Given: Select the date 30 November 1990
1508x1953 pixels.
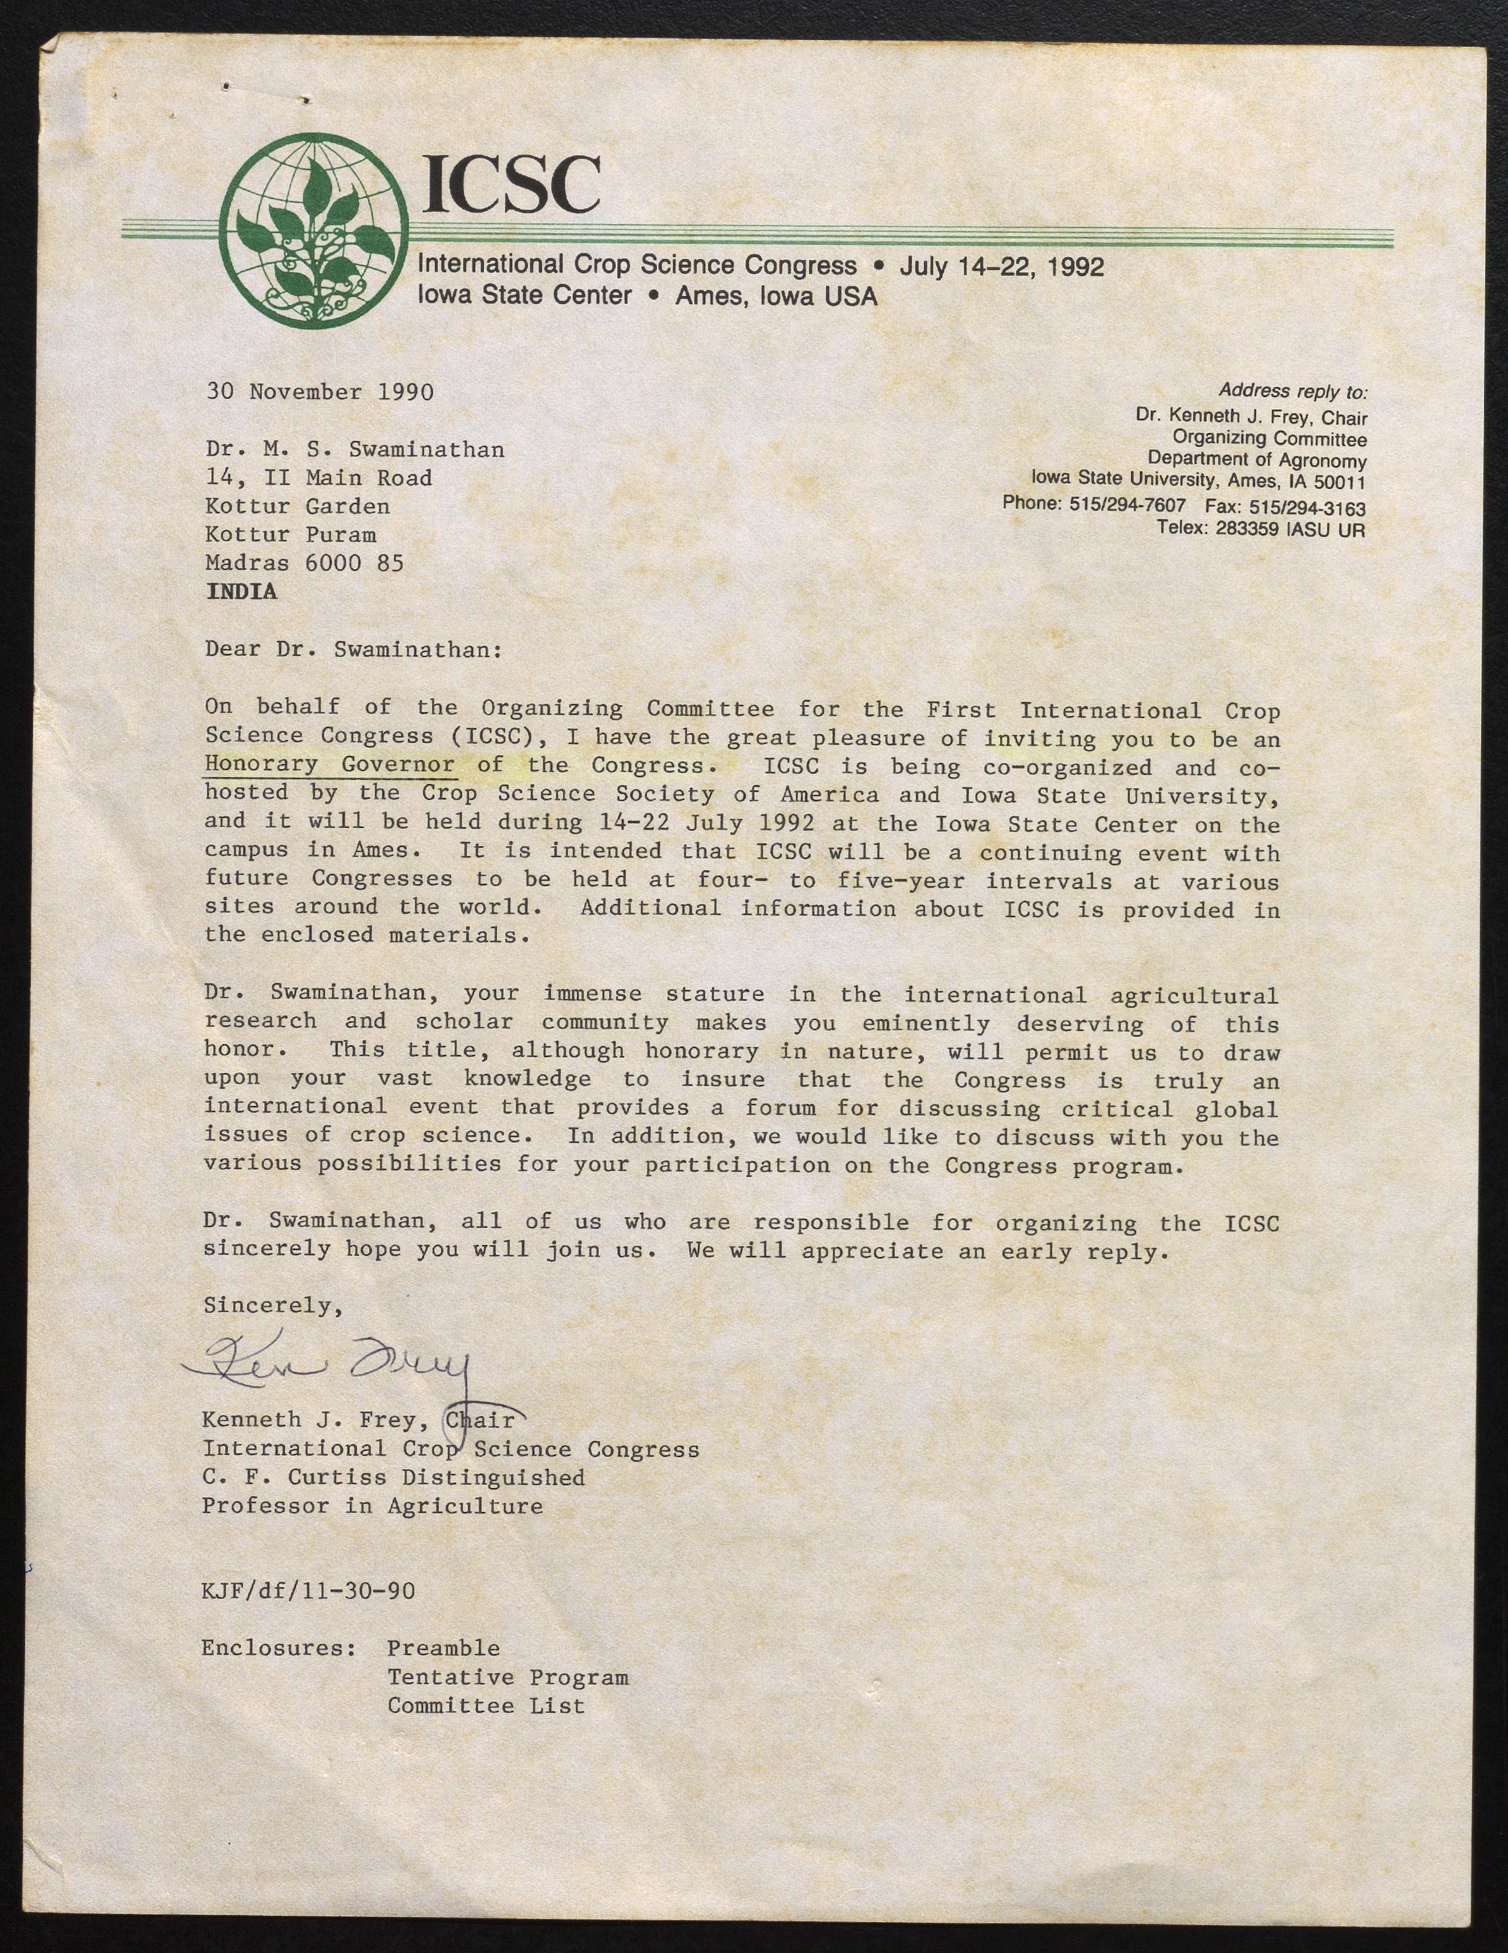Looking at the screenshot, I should pyautogui.click(x=320, y=391).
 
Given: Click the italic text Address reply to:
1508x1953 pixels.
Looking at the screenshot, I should pyautogui.click(x=1292, y=391).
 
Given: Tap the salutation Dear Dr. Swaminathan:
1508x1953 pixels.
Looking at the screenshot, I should pyautogui.click(x=353, y=649).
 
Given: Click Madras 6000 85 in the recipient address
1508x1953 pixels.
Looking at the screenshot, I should pyautogui.click(x=304, y=563).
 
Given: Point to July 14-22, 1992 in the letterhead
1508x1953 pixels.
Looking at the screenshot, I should pyautogui.click(x=1002, y=266).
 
